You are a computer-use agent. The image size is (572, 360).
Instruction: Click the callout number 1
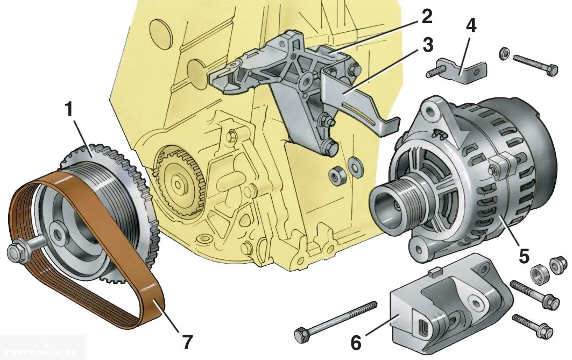coord(68,110)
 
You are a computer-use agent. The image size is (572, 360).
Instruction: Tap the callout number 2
coord(426,17)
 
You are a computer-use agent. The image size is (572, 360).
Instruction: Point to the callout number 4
coord(471,26)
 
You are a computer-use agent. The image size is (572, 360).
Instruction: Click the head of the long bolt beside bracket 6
coord(301,335)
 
